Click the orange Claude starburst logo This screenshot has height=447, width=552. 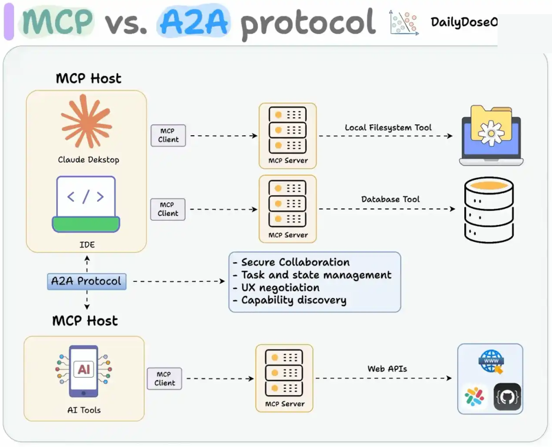point(86,122)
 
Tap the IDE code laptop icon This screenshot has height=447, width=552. point(86,204)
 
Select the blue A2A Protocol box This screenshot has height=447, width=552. point(87,281)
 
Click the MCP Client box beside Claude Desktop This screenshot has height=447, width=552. point(168,135)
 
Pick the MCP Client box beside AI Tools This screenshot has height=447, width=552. point(165,379)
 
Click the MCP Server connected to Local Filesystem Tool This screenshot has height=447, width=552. point(288,136)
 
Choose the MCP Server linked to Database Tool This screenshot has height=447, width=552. point(288,209)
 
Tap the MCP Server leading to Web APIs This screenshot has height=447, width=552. point(284,378)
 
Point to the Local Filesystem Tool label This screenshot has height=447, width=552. point(388,128)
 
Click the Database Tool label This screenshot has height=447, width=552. point(390,200)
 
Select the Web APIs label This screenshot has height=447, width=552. point(387,369)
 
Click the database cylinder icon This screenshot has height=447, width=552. point(489,210)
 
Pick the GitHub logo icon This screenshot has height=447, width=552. point(507,397)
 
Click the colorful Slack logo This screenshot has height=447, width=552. point(474,397)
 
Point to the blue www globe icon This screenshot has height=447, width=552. point(491,361)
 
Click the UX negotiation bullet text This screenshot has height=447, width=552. point(276,287)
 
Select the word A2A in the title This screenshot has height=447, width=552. point(193,22)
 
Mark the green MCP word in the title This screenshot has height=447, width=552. point(57,22)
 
